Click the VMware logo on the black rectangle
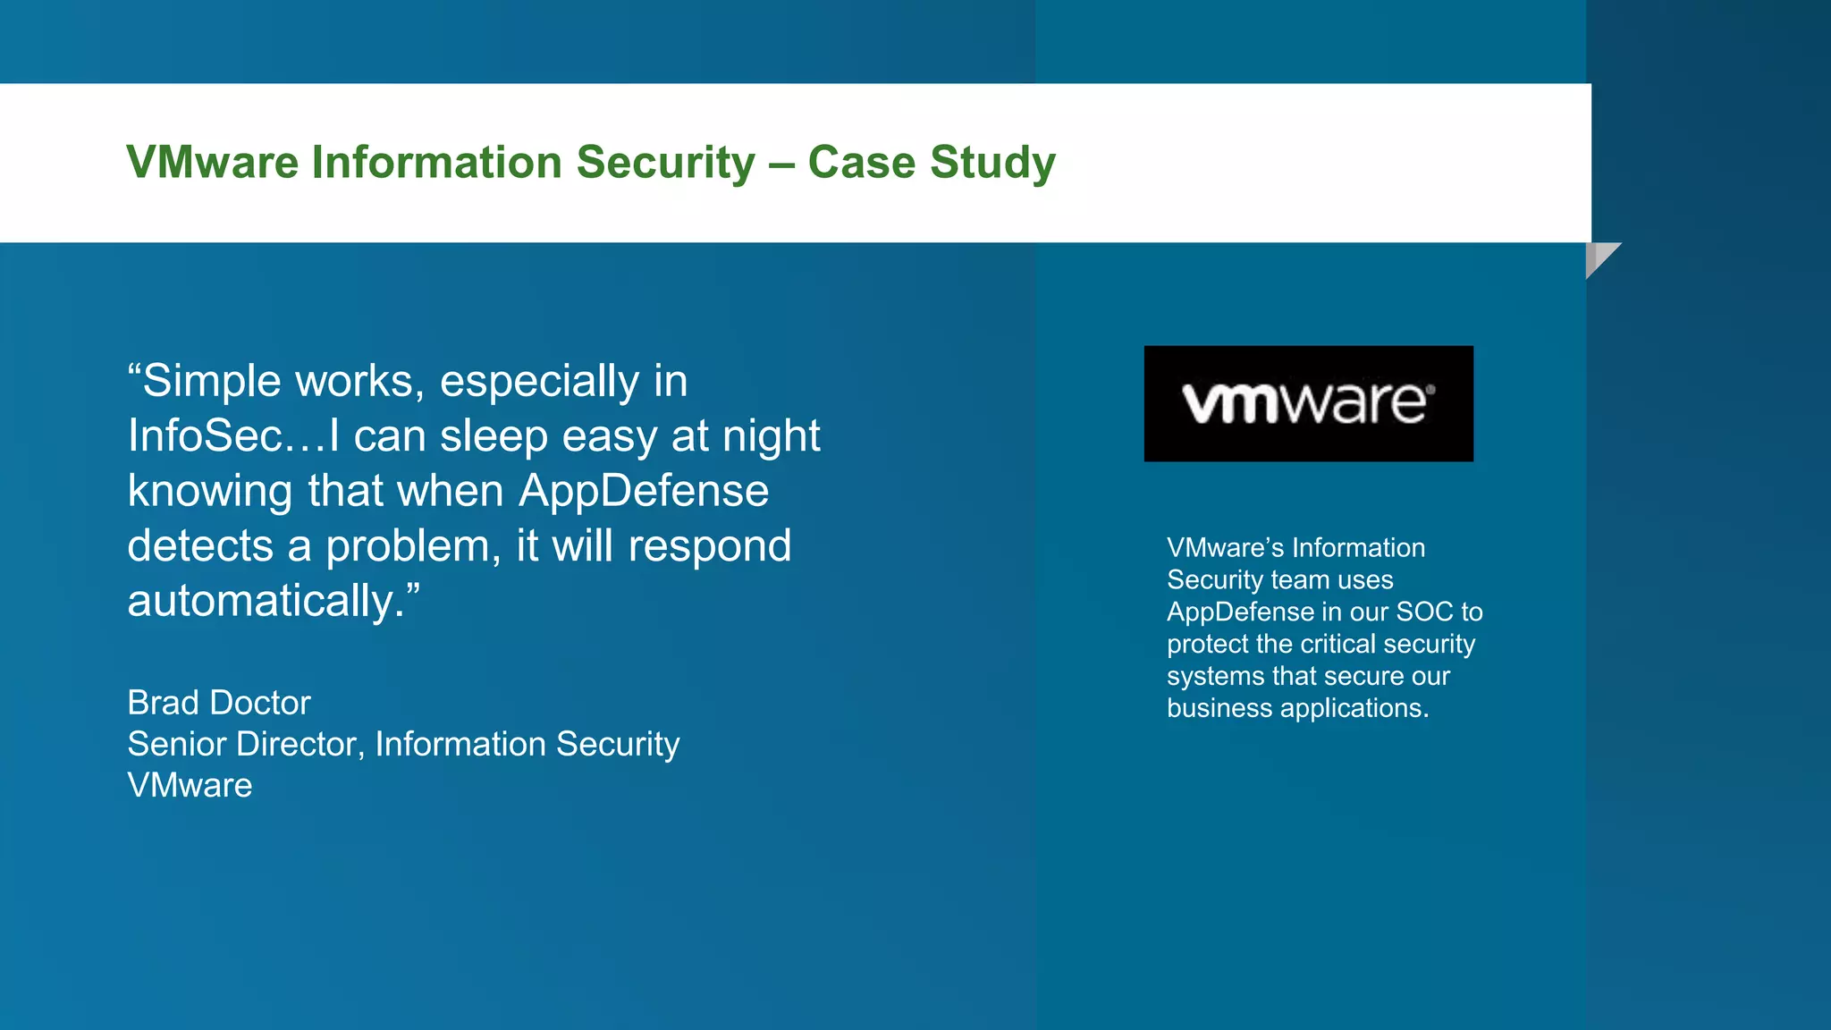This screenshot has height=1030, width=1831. pos(1308,403)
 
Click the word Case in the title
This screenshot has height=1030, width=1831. pos(861,163)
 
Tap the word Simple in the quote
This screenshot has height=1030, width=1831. pos(213,382)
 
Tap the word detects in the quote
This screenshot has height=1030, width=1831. pos(200,545)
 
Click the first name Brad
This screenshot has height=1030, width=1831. pos(164,703)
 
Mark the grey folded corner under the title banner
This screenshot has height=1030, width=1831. pos(1599,257)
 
